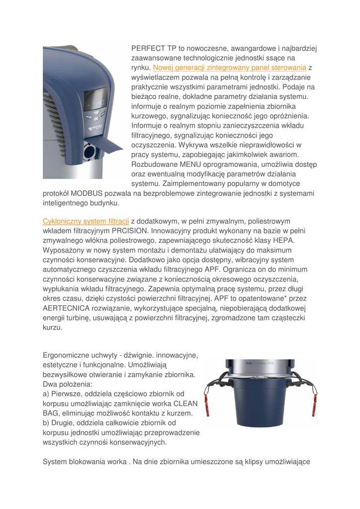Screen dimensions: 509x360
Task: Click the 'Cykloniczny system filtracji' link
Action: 86,220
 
